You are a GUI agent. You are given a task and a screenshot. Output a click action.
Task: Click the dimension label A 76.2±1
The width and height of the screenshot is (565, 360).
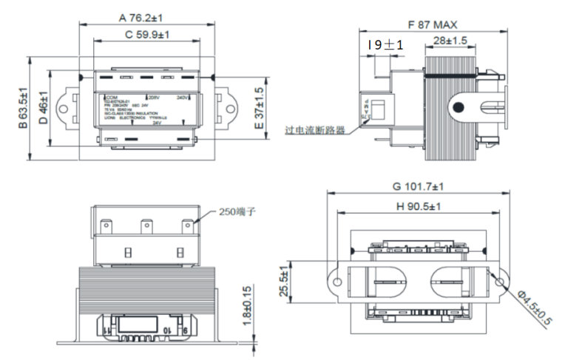[146, 16]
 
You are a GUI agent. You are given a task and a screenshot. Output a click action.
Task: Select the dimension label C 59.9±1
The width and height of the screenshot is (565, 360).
[146, 34]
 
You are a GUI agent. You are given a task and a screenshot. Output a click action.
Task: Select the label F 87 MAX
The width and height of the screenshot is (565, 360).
[434, 23]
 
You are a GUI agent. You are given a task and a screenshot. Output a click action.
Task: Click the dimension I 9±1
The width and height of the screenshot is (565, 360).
[385, 45]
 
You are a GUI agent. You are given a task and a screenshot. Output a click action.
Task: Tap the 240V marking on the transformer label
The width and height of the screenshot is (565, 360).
[183, 98]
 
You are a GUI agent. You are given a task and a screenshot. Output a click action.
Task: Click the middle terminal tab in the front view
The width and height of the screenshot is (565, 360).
[147, 222]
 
